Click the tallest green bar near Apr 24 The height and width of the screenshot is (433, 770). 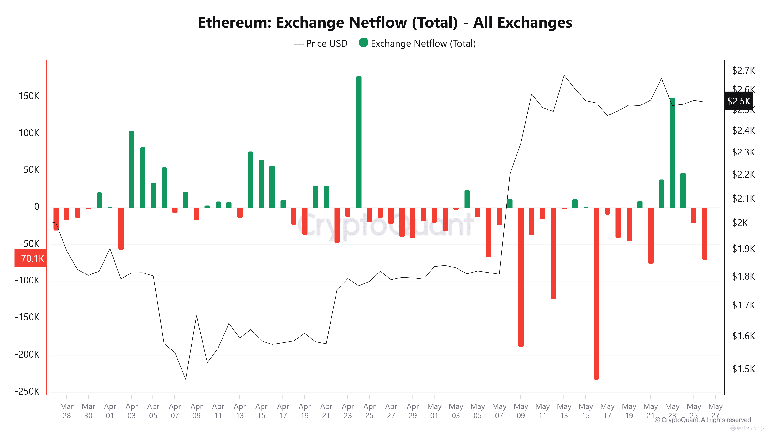coord(358,142)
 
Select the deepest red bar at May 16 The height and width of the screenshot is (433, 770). coord(596,293)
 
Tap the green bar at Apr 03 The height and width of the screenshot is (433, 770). coord(131,169)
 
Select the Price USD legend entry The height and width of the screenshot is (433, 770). coord(321,44)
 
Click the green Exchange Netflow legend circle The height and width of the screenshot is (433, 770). coord(363,43)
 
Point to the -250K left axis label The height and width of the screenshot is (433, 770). coord(27,391)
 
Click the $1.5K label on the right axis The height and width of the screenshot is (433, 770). coord(743,369)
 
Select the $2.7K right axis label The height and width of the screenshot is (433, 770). coord(743,70)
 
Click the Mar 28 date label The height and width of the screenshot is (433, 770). coord(67,411)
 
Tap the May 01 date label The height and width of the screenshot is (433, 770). coord(434,411)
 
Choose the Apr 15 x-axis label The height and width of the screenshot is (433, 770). coord(261,411)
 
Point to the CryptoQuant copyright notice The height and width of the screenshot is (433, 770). coord(702,420)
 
